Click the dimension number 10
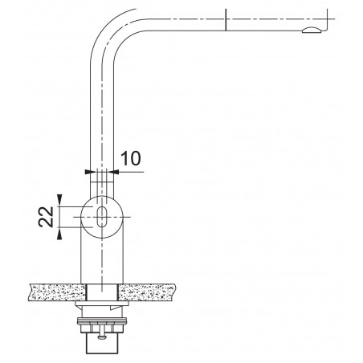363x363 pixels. [x=133, y=157]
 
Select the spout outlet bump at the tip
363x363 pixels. [x=310, y=31]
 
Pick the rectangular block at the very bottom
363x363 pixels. [x=101, y=345]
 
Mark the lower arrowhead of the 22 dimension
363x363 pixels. [x=60, y=235]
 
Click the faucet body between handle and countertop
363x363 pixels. [x=101, y=257]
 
